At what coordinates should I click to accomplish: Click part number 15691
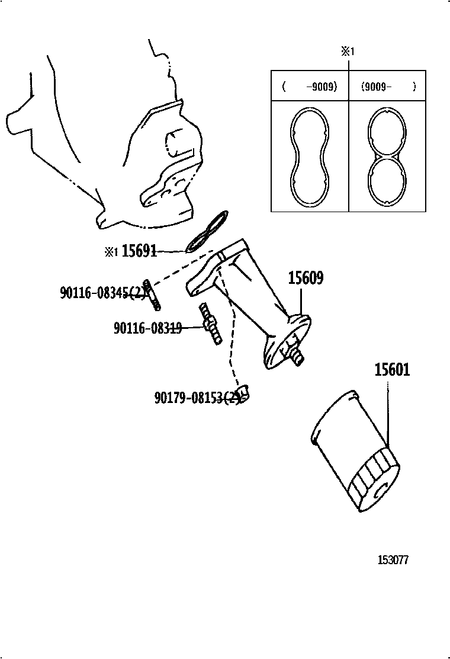click(x=139, y=251)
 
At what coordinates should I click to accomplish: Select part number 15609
click(x=306, y=279)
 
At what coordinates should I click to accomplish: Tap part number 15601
click(x=391, y=370)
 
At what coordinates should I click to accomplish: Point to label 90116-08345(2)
click(x=102, y=292)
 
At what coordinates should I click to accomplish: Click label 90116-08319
click(x=147, y=328)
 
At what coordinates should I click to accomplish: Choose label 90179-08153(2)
click(x=197, y=398)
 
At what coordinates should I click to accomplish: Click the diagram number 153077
click(x=394, y=560)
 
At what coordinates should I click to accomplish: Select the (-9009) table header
click(x=310, y=87)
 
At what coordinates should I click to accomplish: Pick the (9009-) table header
click(x=388, y=87)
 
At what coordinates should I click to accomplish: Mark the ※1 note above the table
click(x=347, y=52)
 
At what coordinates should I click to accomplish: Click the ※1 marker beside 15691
click(x=111, y=252)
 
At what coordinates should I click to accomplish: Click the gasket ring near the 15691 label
click(x=206, y=231)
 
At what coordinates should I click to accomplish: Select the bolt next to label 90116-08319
click(x=211, y=324)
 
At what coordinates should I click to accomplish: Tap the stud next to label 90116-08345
click(x=152, y=295)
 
